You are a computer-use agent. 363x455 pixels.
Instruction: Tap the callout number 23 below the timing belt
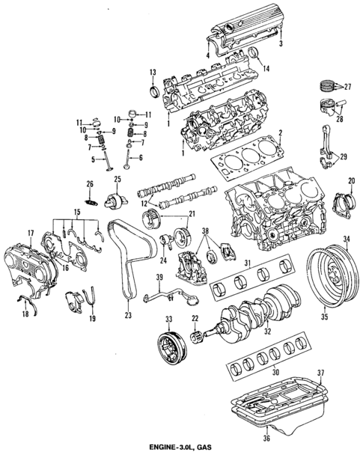tap(128, 316)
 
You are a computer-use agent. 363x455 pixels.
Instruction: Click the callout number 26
tap(90, 185)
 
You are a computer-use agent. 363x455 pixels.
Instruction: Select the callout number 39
tap(158, 278)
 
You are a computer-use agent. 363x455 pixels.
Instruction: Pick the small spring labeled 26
tap(91, 199)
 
